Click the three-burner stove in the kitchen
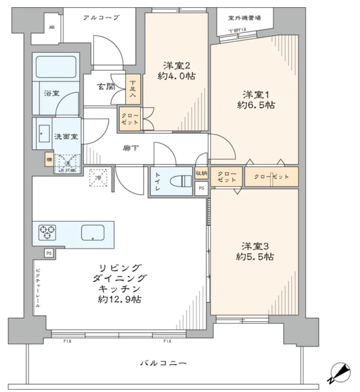(47, 233)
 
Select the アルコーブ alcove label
(101, 18)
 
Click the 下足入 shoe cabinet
(133, 89)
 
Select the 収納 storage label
(201, 173)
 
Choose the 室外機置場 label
(245, 18)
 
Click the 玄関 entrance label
(105, 87)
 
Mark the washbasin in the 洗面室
(44, 133)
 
